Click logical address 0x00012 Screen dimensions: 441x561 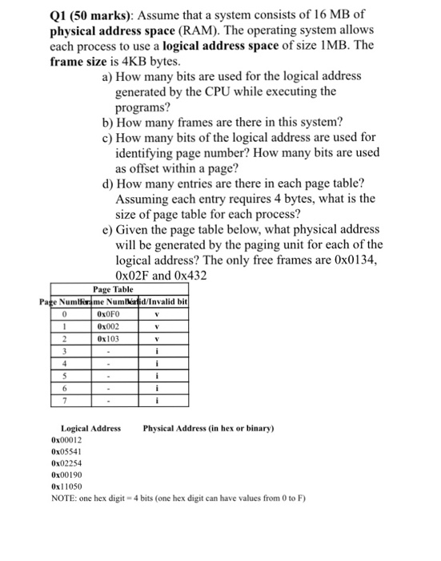[x=64, y=439]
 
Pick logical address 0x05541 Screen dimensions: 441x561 [x=64, y=450]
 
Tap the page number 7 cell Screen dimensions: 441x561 [x=61, y=402]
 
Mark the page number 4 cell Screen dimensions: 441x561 [x=61, y=365]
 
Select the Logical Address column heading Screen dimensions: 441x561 [x=91, y=427]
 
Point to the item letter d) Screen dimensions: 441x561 [x=110, y=183]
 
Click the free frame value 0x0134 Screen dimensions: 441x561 [x=363, y=260]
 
